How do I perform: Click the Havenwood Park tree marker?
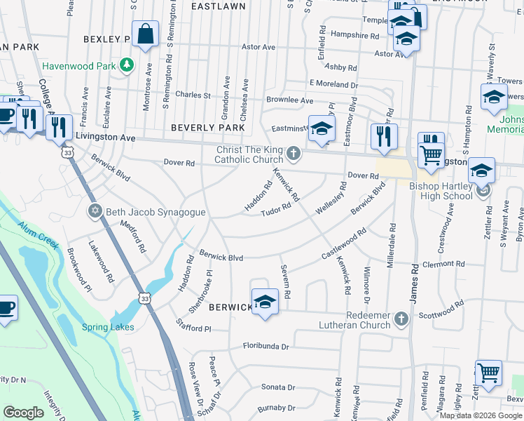pos(127,65)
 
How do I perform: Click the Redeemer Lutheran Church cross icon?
pos(401,319)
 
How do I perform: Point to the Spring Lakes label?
pos(108,327)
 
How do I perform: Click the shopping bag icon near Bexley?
pos(145,35)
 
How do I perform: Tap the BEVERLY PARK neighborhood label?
pos(208,128)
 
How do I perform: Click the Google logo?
pos(23,413)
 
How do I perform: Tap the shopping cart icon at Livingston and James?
pos(432,154)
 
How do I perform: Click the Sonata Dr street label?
pos(279,387)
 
